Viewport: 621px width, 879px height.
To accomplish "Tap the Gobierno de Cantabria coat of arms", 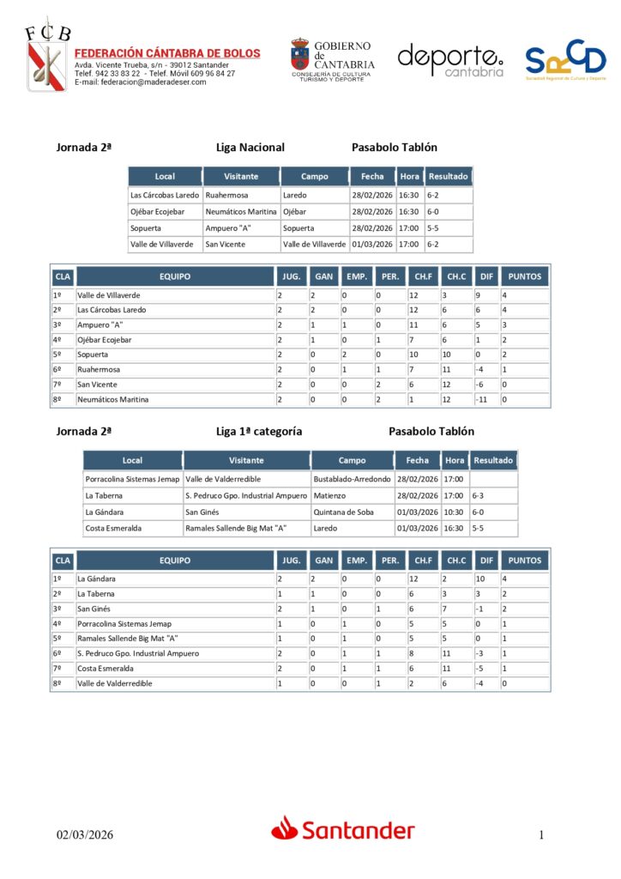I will [x=300, y=53].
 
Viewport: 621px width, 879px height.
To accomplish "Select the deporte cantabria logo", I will [x=450, y=60].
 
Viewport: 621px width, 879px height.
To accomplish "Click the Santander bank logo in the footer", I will [x=343, y=829].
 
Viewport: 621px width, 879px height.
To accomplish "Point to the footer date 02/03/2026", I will [x=85, y=834].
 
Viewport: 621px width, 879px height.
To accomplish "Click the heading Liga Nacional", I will [x=250, y=148].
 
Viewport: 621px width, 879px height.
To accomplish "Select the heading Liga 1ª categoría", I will [x=259, y=431].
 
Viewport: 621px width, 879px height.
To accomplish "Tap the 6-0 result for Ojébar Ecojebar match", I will [x=433, y=211].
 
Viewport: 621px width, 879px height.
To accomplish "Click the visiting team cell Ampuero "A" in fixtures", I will [x=226, y=228].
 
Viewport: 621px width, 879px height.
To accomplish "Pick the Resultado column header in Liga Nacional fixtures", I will [x=449, y=177].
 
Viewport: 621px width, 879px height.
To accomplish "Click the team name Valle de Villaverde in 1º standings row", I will [x=109, y=295].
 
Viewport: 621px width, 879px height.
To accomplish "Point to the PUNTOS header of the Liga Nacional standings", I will [x=525, y=277].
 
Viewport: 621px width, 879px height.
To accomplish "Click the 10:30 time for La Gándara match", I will [x=455, y=512].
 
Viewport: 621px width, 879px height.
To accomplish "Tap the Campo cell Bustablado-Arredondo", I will [x=352, y=479].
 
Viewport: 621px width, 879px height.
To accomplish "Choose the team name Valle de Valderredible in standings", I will [x=115, y=683].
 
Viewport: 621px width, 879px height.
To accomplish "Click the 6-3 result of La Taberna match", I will [x=479, y=495].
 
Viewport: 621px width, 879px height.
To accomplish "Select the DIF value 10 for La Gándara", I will [x=482, y=579].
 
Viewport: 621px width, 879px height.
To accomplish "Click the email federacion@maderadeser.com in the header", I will [x=141, y=82].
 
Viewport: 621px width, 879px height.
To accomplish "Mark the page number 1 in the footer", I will [x=542, y=834].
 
